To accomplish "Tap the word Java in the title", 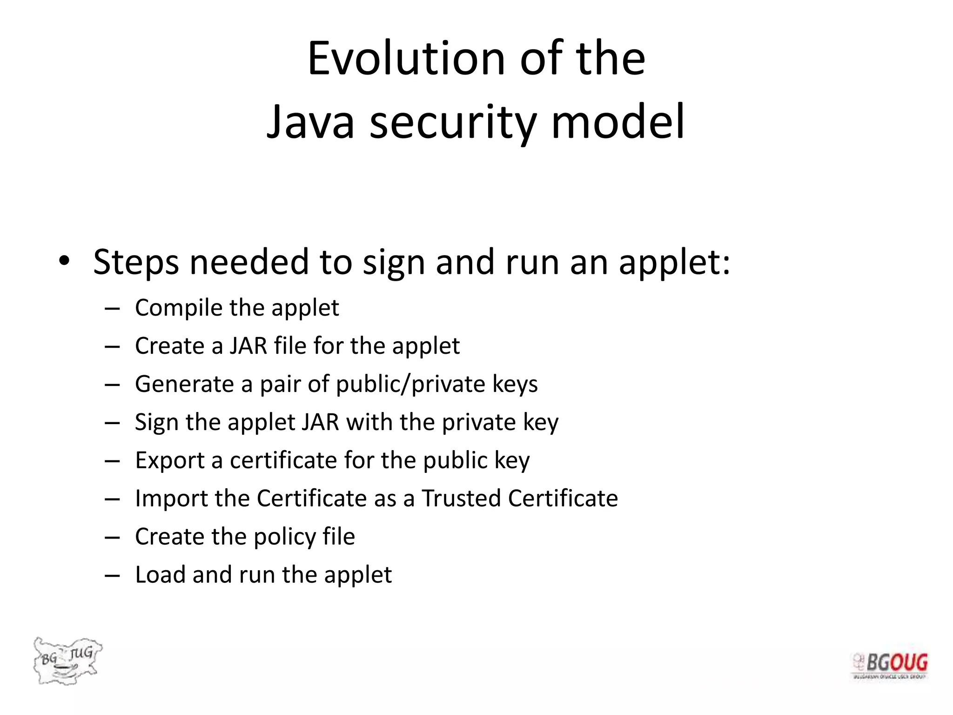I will click(x=310, y=122).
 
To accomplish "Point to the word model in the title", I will click(x=617, y=122).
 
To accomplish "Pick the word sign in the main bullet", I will click(x=394, y=263).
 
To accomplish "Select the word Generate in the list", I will click(x=184, y=384).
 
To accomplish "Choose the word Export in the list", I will click(x=170, y=460).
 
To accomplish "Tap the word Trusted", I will click(x=461, y=498).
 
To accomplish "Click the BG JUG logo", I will click(x=67, y=660).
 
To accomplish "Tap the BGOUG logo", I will click(x=890, y=666).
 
